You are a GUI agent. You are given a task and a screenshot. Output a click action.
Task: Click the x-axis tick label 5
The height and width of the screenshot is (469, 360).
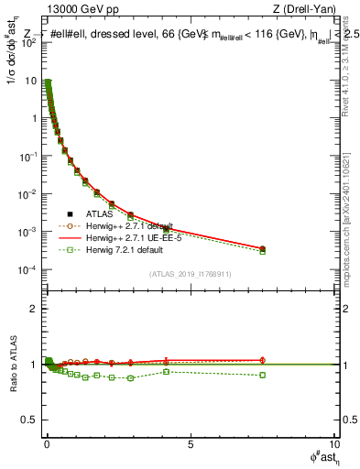pos(190,443)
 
